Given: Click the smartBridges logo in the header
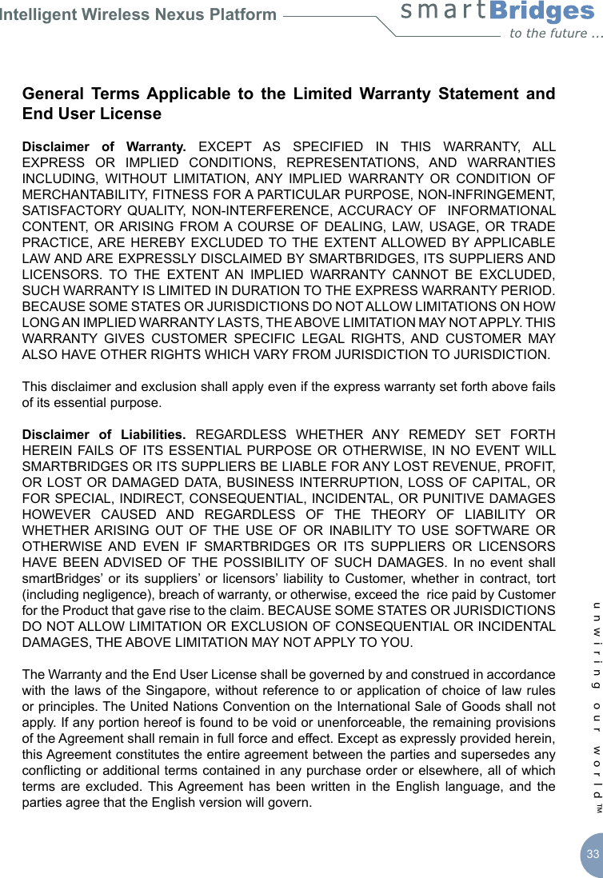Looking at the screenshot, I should pos(497,13).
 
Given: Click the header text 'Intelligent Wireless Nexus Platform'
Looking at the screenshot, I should pos(138,14).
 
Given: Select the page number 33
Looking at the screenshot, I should pos(592,854).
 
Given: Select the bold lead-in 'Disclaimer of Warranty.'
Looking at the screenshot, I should pos(104,147).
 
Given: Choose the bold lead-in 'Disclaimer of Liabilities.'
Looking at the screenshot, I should pos(104,435).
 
